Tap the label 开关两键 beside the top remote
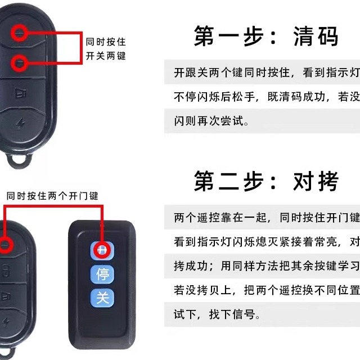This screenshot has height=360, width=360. pyautogui.click(x=106, y=56)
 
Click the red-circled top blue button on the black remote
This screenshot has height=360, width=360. pyautogui.click(x=102, y=250)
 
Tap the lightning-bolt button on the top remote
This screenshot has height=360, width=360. pyautogui.click(x=22, y=125)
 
